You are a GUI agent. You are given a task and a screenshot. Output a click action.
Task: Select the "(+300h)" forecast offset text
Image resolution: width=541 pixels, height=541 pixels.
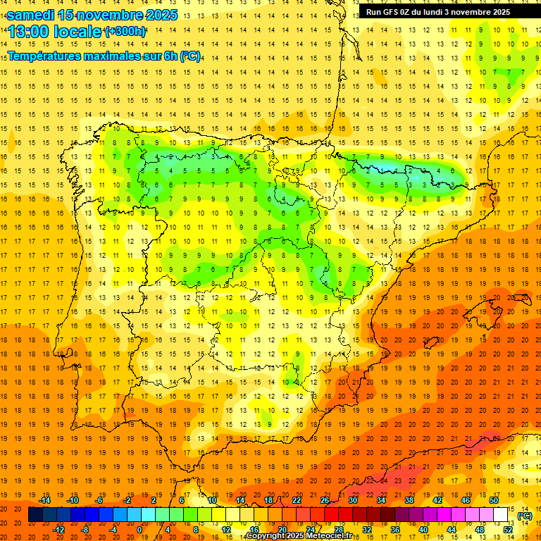(125, 32)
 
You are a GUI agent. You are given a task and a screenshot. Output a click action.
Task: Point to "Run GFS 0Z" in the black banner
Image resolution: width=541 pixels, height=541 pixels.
(392, 12)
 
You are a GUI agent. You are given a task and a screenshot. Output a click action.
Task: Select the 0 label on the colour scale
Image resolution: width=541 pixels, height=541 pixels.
(139, 530)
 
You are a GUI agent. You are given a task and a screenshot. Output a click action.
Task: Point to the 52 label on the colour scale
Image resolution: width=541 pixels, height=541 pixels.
(508, 530)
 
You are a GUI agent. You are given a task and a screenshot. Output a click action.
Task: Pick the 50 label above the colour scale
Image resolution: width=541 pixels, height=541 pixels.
(493, 500)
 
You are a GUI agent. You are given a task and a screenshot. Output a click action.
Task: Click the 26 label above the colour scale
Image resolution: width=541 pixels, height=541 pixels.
(325, 500)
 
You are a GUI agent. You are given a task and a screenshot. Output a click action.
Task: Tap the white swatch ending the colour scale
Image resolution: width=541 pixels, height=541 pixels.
(500, 515)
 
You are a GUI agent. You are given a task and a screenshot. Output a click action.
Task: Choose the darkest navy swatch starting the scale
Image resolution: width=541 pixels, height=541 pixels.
(35, 515)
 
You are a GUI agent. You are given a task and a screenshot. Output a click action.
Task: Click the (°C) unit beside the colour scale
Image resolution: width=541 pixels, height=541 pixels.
(525, 516)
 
